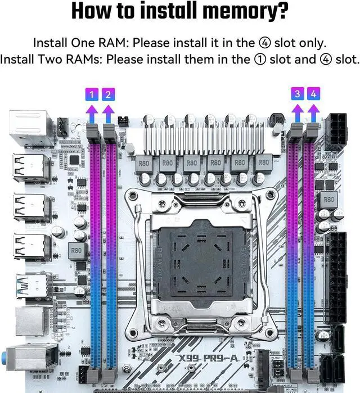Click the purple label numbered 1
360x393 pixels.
[91, 94]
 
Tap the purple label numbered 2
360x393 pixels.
[107, 94]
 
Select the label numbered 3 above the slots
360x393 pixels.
[297, 94]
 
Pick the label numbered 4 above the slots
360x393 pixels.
[313, 94]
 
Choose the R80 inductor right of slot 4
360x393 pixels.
[328, 199]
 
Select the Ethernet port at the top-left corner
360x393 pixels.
[31, 127]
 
